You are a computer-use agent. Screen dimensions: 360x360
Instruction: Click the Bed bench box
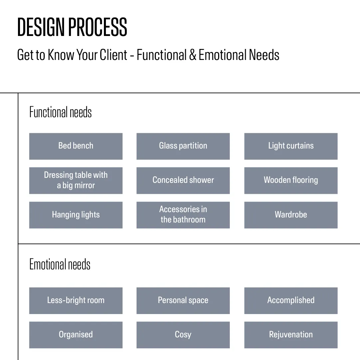76,146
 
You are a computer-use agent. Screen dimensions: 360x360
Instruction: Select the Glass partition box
183,146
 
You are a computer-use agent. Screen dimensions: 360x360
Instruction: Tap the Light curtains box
291,146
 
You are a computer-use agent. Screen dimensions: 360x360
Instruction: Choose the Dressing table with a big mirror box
76,180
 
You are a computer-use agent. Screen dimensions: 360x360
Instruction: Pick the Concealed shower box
183,180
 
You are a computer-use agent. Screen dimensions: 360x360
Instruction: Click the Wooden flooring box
291,180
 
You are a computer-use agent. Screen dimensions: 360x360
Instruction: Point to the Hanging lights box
76,215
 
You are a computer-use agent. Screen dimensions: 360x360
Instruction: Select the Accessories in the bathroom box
183,215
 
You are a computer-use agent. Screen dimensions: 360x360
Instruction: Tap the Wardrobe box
291,215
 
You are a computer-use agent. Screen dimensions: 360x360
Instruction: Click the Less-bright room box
76,300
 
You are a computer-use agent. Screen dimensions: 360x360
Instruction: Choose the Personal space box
183,300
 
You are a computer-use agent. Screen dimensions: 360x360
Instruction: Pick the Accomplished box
291,300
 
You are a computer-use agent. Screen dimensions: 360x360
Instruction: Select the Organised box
76,335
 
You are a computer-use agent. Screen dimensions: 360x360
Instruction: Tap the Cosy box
183,335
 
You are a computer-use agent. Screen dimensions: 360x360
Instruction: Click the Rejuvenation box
291,335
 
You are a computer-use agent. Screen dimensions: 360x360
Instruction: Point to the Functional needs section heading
60,112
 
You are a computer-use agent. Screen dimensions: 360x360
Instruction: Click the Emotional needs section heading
60,264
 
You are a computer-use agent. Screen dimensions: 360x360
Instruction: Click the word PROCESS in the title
98,27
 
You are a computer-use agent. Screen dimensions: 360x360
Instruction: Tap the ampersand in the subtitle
192,55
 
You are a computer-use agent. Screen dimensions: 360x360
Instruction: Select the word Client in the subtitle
113,55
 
